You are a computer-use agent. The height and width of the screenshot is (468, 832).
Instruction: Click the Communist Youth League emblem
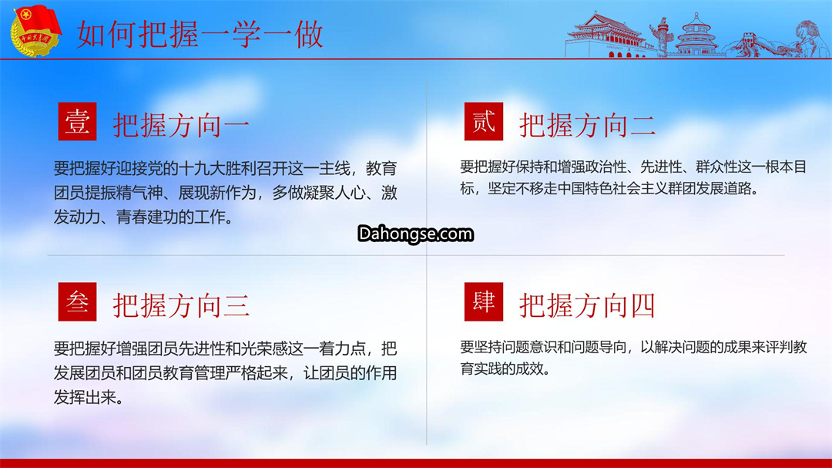(35, 31)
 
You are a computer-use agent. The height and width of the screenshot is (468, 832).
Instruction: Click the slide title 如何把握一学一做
(200, 35)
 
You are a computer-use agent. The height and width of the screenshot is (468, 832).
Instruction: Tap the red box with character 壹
(78, 122)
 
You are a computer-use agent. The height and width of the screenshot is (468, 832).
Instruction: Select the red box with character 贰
(483, 122)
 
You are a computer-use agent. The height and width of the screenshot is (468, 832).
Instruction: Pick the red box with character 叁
(78, 301)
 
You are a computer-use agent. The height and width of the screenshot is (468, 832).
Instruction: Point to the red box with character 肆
(483, 301)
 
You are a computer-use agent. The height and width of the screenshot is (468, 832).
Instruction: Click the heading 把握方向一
(181, 126)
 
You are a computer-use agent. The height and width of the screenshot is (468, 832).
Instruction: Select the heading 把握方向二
(587, 126)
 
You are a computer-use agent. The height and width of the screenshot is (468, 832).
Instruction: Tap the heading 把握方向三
(181, 306)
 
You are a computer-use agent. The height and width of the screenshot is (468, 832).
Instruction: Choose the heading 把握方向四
(587, 306)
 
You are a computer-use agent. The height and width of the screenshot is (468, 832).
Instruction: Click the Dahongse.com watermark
(415, 234)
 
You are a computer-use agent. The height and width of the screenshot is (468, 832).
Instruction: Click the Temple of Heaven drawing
(696, 35)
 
